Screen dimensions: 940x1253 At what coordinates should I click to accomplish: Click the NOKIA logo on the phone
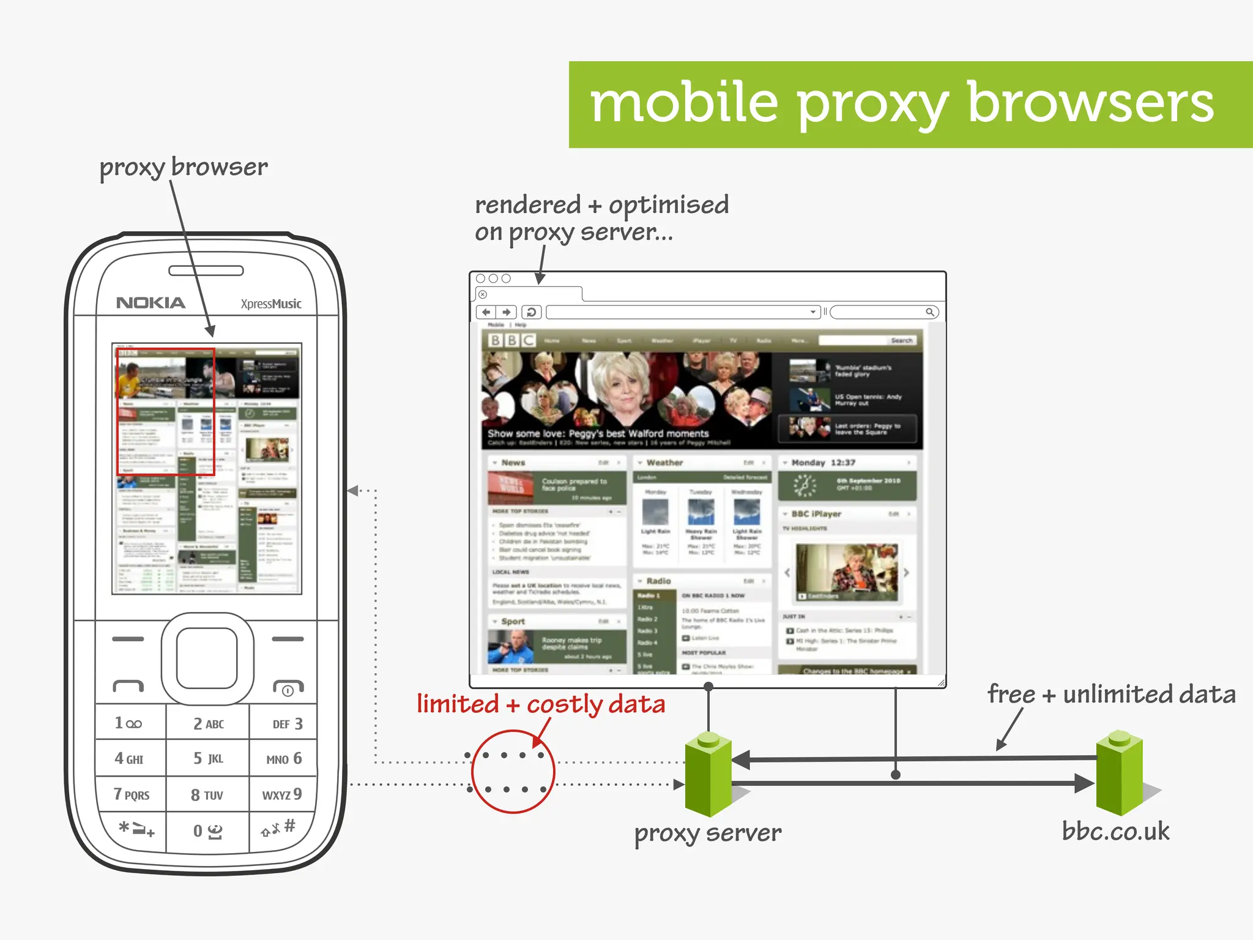tap(151, 303)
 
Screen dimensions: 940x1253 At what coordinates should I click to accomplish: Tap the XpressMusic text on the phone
tap(270, 304)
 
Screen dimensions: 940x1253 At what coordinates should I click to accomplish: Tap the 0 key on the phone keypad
tap(207, 830)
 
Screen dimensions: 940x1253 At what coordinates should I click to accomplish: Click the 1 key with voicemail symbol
tap(128, 723)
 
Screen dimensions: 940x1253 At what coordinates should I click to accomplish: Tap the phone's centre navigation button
tap(207, 658)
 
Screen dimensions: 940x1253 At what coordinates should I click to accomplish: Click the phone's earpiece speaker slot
tap(206, 270)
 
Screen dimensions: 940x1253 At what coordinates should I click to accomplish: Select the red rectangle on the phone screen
tap(166, 411)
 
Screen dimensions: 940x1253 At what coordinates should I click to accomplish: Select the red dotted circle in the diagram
tap(513, 771)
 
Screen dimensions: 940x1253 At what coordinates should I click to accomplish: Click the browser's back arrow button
tap(486, 312)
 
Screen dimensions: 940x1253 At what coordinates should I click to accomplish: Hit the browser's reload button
tap(531, 312)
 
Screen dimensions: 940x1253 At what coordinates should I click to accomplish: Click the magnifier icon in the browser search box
tap(929, 312)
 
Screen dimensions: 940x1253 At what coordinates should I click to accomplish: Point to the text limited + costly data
tap(541, 704)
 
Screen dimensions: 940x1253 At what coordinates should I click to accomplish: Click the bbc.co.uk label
tap(1115, 831)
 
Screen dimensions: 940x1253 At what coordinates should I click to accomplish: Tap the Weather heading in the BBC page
tap(664, 463)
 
